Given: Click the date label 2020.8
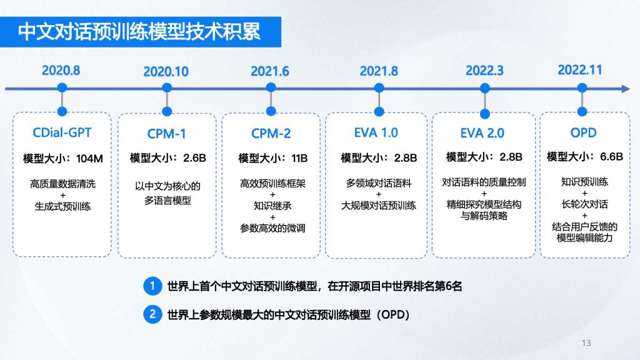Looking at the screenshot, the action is (61, 70).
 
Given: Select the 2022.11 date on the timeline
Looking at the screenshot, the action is (579, 70).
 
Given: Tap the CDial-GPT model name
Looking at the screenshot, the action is (62, 132).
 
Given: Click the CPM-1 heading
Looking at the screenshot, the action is (166, 134).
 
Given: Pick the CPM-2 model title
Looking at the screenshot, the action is (271, 134).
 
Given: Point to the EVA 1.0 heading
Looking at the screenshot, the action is (376, 132).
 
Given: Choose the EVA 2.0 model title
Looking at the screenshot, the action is (482, 132).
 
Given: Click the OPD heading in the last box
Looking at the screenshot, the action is (583, 132).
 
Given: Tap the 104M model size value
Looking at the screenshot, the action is (89, 158).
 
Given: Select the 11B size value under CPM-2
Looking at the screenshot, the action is (299, 158).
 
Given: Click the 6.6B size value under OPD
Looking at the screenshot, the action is (611, 156).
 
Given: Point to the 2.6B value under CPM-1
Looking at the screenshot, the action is (194, 158).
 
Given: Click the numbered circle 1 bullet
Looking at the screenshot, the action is (152, 286).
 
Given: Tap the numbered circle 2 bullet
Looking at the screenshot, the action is (152, 314).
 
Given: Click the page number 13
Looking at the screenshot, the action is (586, 343).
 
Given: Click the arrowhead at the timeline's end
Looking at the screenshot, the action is (626, 89).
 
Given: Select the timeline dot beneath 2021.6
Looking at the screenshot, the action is (271, 87).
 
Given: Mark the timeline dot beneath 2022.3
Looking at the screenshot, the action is (485, 87).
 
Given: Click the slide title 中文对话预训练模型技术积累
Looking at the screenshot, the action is (139, 32).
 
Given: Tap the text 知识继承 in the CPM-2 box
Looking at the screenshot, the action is (272, 206).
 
